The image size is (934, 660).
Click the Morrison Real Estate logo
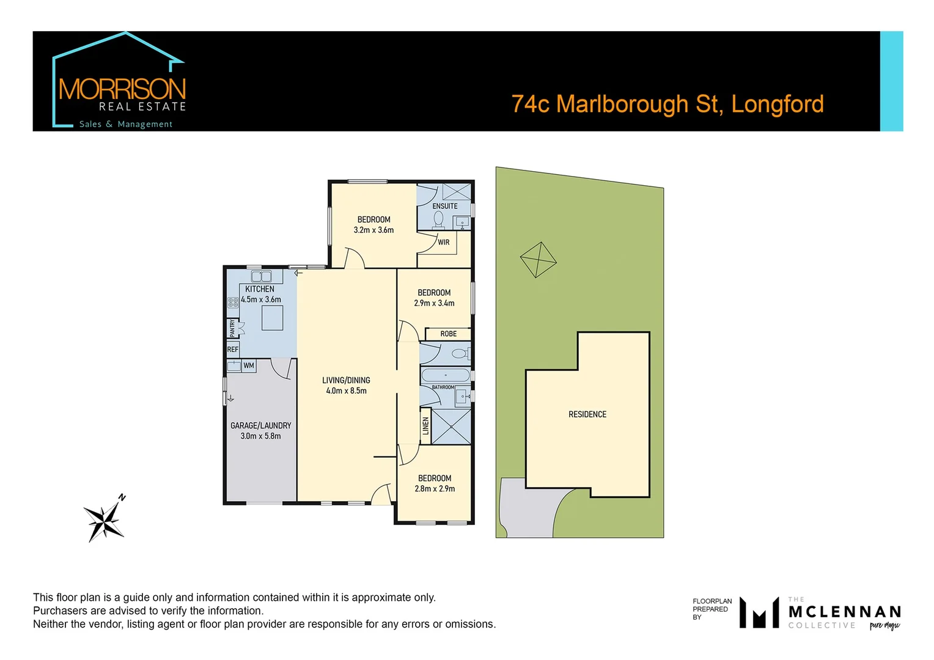point(119,82)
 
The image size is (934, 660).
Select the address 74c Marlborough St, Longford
point(667,105)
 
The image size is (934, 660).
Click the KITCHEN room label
point(260,289)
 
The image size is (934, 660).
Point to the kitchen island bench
point(273,318)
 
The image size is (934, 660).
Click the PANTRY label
point(232,328)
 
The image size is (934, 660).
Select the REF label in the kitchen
point(233,350)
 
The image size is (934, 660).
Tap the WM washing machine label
point(249,366)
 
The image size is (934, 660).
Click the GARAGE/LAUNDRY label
point(261,426)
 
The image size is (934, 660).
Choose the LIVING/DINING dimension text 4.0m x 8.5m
point(347,391)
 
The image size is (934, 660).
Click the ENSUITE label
point(445,207)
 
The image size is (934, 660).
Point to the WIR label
point(444,243)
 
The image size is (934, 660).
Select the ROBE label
point(449,334)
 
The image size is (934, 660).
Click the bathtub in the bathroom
point(445,375)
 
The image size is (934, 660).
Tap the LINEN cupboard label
point(426,425)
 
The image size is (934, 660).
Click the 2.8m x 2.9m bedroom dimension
point(435,489)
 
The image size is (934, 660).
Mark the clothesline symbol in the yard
point(538,260)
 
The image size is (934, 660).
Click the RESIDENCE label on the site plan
point(587,414)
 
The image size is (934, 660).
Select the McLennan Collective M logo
point(759,612)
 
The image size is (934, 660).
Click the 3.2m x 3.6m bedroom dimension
point(373,230)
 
